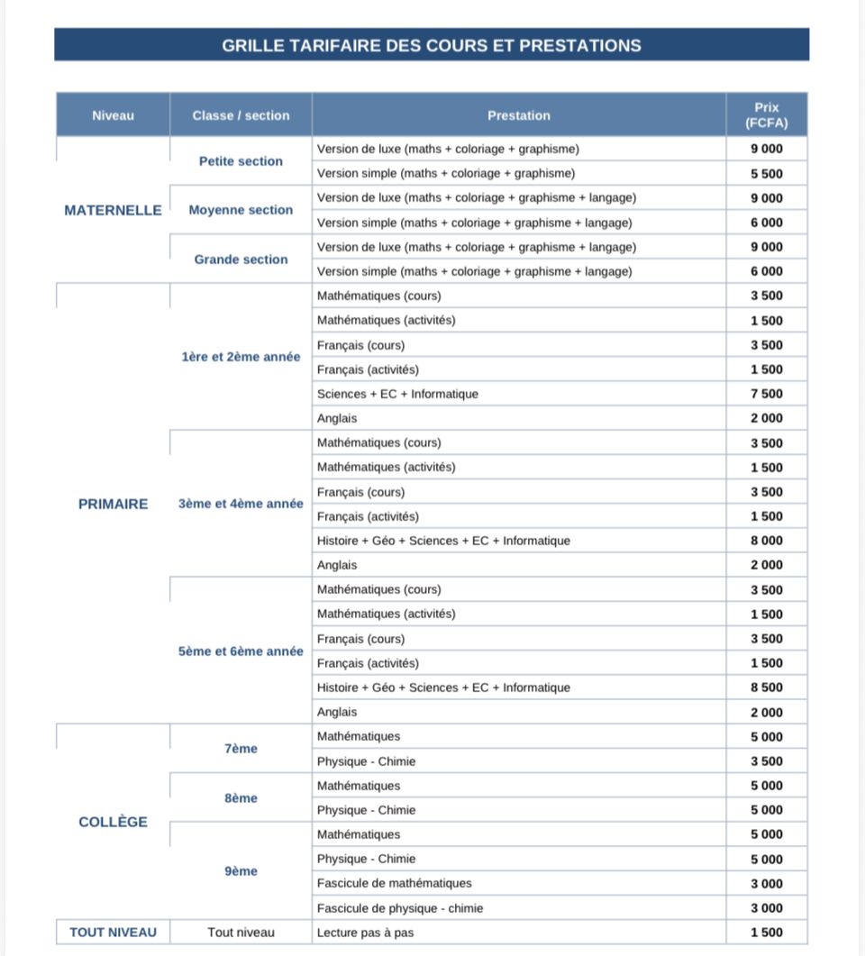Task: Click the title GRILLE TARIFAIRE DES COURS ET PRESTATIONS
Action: click(432, 45)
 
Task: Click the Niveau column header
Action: click(113, 115)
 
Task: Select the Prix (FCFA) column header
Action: click(767, 115)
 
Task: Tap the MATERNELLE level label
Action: click(113, 210)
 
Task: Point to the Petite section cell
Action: click(241, 161)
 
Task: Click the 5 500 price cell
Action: click(767, 174)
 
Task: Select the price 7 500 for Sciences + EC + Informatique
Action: click(767, 394)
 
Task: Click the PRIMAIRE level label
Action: click(113, 504)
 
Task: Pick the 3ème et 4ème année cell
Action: click(241, 504)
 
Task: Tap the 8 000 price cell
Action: click(767, 541)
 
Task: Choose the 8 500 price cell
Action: click(767, 687)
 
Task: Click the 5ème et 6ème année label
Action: click(241, 651)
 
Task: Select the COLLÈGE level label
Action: click(113, 822)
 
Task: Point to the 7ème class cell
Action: click(241, 749)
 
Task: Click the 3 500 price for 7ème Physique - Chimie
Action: click(767, 761)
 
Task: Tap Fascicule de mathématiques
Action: click(394, 883)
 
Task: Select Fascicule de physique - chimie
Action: click(399, 908)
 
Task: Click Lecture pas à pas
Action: click(365, 933)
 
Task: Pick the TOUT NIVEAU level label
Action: click(113, 933)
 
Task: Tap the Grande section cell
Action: click(241, 259)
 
